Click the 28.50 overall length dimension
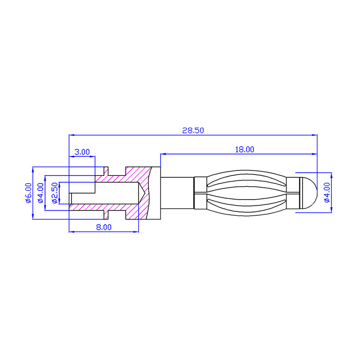(193, 130)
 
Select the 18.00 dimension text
(245, 149)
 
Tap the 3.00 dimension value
(82, 152)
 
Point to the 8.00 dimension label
(104, 227)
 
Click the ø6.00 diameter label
(28, 193)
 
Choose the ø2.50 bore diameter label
(55, 193)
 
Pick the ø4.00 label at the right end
(327, 192)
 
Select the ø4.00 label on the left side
(41, 193)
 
